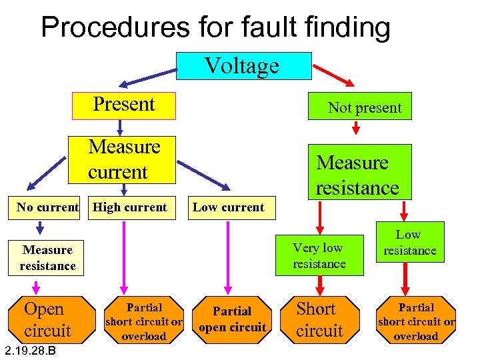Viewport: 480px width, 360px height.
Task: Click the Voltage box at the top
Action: (x=243, y=66)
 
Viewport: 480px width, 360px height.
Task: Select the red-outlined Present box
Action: (x=124, y=105)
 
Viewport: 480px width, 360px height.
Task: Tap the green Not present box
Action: (x=360, y=107)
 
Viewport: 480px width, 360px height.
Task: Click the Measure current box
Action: (x=122, y=159)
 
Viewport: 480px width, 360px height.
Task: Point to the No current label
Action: (x=47, y=207)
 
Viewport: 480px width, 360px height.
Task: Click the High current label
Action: (x=130, y=207)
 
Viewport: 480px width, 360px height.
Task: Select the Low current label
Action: (x=228, y=207)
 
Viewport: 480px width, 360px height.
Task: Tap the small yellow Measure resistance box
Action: (x=47, y=258)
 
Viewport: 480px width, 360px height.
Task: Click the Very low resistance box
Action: (x=319, y=256)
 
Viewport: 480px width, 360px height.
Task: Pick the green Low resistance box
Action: (x=409, y=243)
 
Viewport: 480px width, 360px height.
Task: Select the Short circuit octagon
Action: (x=319, y=319)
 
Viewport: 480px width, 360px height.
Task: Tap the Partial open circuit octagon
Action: (x=232, y=319)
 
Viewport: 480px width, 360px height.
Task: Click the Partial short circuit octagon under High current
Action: (x=144, y=321)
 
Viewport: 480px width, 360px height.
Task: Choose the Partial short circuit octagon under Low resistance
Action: (x=415, y=321)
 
